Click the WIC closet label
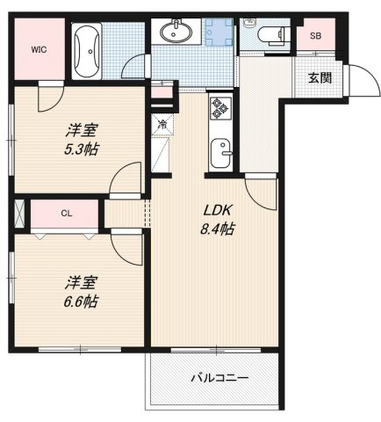click(x=40, y=49)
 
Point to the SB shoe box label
click(x=314, y=38)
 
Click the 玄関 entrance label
click(x=320, y=77)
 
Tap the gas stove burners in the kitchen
click(x=219, y=111)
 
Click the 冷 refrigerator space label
click(x=162, y=124)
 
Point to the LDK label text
click(x=218, y=211)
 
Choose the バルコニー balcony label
click(x=219, y=378)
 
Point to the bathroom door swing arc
click(x=134, y=66)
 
